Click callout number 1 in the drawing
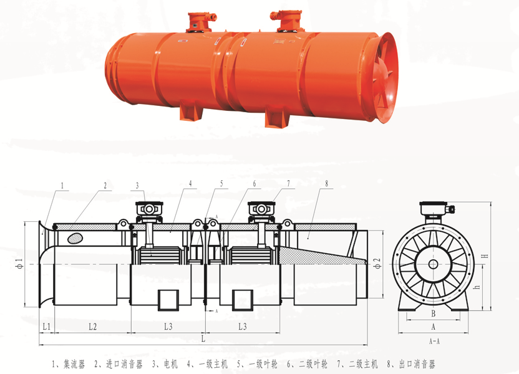click(62, 186)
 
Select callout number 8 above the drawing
click(326, 183)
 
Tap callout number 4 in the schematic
click(190, 183)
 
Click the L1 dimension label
click(47, 327)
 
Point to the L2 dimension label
click(93, 327)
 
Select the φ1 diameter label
click(20, 264)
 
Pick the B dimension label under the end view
click(434, 314)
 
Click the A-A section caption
click(434, 341)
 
